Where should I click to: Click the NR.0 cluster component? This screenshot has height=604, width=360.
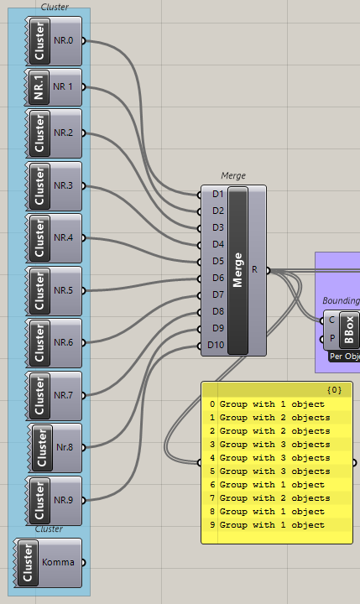(x=54, y=41)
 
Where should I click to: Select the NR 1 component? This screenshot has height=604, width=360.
(x=54, y=87)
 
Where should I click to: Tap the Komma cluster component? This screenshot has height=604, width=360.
(x=48, y=563)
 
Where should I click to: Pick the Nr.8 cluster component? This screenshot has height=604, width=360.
(x=55, y=448)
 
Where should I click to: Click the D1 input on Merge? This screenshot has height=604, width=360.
(x=218, y=194)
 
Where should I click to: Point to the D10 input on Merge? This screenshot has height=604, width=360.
(x=216, y=345)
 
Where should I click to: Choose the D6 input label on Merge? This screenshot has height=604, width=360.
(x=218, y=278)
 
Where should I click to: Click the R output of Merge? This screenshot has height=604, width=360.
(x=255, y=269)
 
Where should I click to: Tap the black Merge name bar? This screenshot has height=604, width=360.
(x=237, y=270)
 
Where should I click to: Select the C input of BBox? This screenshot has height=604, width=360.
(x=331, y=320)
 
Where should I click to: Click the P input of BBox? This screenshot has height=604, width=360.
(x=331, y=338)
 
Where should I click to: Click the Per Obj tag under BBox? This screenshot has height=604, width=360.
(x=344, y=357)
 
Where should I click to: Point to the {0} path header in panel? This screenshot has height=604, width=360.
(x=334, y=390)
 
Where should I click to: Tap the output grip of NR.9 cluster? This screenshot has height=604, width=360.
(x=83, y=500)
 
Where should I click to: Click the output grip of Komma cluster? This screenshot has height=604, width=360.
(x=83, y=563)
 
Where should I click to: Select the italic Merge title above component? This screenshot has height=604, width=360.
(x=233, y=175)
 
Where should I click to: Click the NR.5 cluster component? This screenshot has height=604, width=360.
(x=54, y=291)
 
